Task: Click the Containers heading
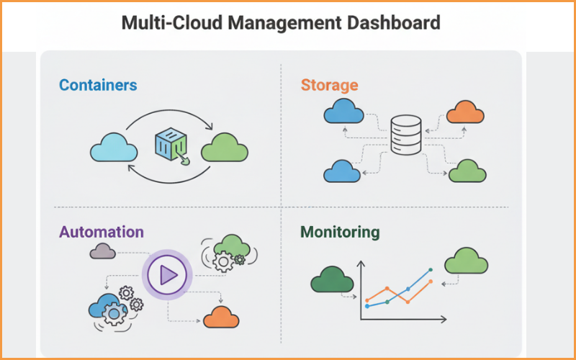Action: pyautogui.click(x=98, y=85)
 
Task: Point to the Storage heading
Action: pyautogui.click(x=329, y=85)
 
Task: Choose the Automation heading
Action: pyautogui.click(x=102, y=232)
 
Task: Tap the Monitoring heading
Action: pyautogui.click(x=340, y=232)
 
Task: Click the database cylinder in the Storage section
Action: pyautogui.click(x=408, y=134)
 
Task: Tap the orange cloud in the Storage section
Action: pyautogui.click(x=465, y=113)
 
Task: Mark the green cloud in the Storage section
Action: pyautogui.click(x=467, y=171)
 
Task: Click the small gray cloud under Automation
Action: pyautogui.click(x=103, y=251)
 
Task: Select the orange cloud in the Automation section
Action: pyautogui.click(x=221, y=316)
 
